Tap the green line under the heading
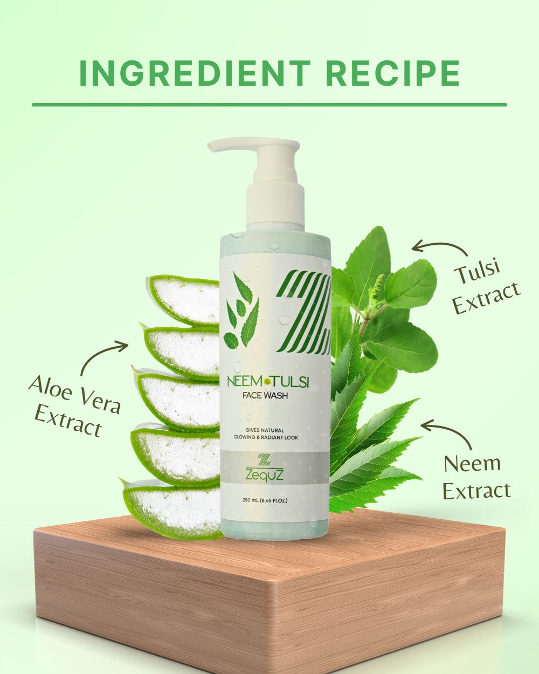coord(269,105)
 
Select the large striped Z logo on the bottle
coord(304,313)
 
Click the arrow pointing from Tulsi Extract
coord(439,247)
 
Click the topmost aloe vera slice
coord(183,299)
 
